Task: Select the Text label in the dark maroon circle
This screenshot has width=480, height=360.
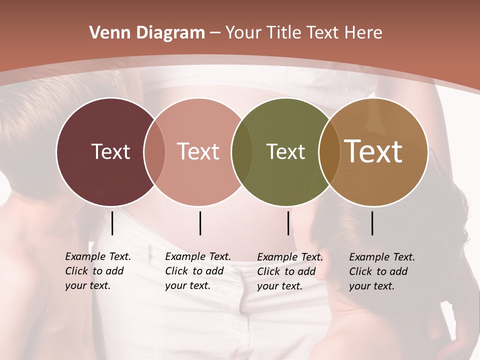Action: tap(110, 151)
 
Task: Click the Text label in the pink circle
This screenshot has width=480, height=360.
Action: tap(198, 151)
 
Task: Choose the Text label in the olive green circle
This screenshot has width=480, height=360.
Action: tap(285, 151)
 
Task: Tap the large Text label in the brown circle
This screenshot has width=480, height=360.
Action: tap(373, 151)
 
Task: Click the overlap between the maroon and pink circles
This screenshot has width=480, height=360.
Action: tap(154, 152)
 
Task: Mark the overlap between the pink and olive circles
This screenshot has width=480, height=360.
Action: tap(242, 152)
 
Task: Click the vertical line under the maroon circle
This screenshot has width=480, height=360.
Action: tap(112, 223)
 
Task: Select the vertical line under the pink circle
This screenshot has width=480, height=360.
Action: tap(200, 223)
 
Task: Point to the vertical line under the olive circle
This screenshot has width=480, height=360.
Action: tap(288, 223)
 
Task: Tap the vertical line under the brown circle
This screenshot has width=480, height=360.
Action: tap(372, 223)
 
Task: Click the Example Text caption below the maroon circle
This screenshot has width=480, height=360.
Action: tap(97, 271)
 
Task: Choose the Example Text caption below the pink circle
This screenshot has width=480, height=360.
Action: tap(197, 271)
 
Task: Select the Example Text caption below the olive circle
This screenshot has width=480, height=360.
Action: tap(289, 271)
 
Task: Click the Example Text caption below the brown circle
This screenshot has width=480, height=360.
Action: tap(381, 271)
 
